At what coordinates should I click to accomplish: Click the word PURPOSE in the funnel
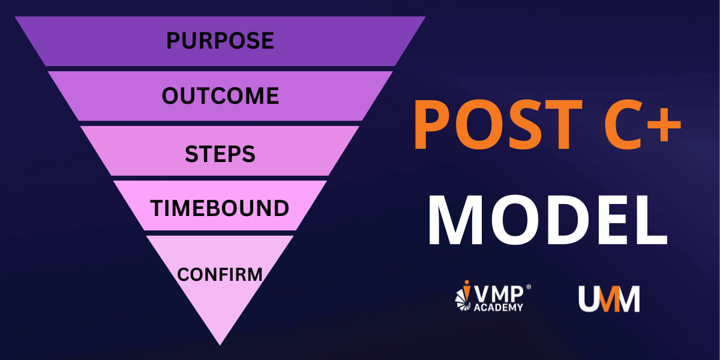click(220, 41)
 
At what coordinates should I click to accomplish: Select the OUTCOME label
click(220, 96)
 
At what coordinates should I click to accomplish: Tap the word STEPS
click(220, 154)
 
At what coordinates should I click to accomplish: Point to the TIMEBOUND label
click(220, 208)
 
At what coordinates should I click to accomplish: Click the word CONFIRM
click(220, 275)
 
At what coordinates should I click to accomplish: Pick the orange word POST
click(499, 124)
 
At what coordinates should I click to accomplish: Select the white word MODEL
click(548, 220)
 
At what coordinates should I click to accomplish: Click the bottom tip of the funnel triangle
click(220, 345)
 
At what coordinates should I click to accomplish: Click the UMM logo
click(609, 299)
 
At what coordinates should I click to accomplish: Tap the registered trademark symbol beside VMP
click(528, 287)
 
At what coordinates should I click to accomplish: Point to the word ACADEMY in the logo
click(499, 307)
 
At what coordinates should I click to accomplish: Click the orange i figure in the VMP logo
click(466, 291)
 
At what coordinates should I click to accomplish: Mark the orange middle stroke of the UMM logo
click(608, 299)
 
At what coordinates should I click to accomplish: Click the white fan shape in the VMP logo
click(463, 301)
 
